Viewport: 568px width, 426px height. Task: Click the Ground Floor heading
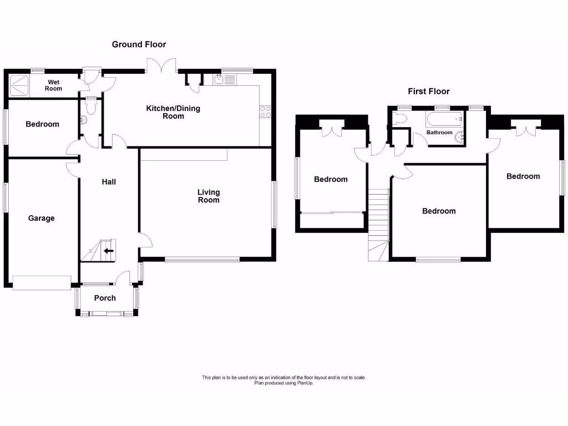(139, 44)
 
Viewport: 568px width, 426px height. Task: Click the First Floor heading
(429, 92)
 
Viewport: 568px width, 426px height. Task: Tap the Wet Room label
(54, 85)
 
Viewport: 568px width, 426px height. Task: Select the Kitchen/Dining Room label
(173, 112)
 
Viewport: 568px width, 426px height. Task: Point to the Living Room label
(209, 196)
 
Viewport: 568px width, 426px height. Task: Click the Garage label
(42, 218)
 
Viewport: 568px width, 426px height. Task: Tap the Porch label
(105, 298)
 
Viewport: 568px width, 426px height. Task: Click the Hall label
(109, 181)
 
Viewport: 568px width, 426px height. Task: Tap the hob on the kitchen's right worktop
(265, 111)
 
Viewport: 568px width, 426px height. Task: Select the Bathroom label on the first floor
(439, 133)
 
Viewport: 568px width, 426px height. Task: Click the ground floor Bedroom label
(42, 124)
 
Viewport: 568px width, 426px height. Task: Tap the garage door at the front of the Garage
(42, 282)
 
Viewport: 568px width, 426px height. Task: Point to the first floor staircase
(378, 222)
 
